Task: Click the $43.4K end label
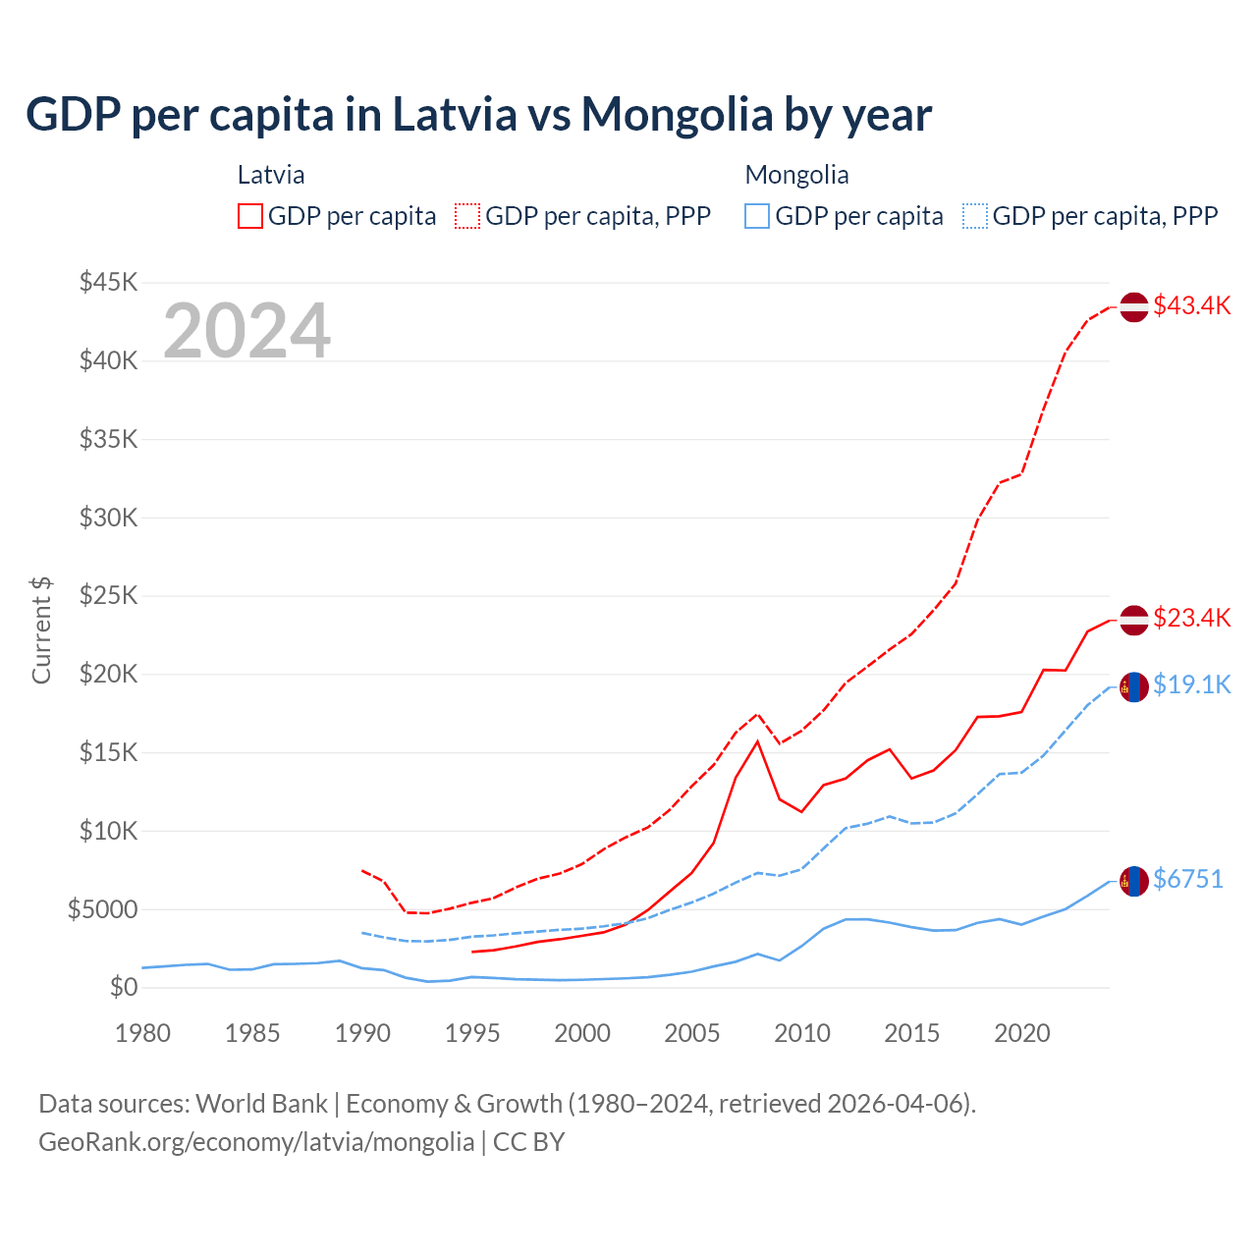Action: click(x=1191, y=305)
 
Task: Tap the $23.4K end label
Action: click(x=1191, y=618)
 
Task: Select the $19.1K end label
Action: click(x=1191, y=684)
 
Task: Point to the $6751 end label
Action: click(x=1187, y=879)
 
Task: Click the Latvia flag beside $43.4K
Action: click(x=1134, y=306)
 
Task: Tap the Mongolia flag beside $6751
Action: click(x=1134, y=882)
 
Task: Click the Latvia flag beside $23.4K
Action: click(x=1134, y=620)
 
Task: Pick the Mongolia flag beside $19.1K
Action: click(x=1134, y=687)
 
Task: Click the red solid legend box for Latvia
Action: click(x=250, y=216)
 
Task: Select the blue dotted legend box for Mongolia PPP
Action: click(x=975, y=216)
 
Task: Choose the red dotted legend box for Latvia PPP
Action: click(x=468, y=216)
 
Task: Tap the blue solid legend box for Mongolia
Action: click(x=757, y=216)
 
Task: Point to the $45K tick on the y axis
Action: click(x=109, y=283)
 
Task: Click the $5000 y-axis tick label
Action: click(x=103, y=909)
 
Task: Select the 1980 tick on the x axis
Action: click(x=143, y=1033)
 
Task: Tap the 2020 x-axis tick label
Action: click(x=1022, y=1033)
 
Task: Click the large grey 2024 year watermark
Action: click(x=246, y=331)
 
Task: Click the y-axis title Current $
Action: click(x=41, y=630)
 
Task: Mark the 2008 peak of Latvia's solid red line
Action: click(x=757, y=741)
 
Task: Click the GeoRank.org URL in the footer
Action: click(x=256, y=1142)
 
